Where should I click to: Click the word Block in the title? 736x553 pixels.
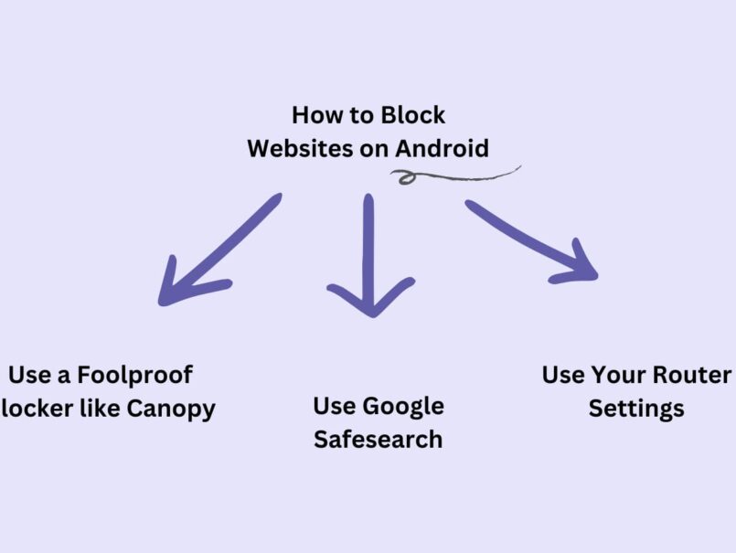click(x=412, y=116)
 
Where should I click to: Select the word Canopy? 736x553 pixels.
click(x=172, y=408)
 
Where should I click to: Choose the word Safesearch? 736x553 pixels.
click(x=378, y=439)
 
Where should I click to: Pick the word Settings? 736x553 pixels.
click(x=636, y=408)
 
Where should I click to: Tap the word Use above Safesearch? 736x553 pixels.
click(x=334, y=406)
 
